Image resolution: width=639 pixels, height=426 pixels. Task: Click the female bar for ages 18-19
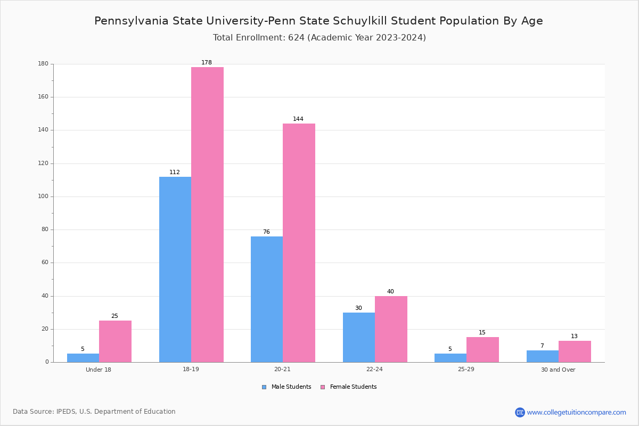click(x=207, y=215)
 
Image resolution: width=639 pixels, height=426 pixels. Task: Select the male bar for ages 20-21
click(x=267, y=299)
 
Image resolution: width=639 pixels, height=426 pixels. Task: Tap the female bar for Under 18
click(x=115, y=341)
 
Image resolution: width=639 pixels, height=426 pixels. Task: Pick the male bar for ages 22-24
click(x=359, y=337)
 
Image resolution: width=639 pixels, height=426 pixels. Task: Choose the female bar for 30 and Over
click(x=575, y=351)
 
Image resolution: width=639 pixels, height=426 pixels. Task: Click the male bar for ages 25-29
click(x=450, y=358)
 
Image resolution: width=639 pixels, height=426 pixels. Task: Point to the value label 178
click(x=207, y=62)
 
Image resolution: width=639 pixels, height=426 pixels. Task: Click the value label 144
click(x=298, y=119)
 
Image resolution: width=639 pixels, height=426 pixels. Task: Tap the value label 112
click(x=175, y=172)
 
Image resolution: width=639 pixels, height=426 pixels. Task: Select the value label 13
click(x=574, y=336)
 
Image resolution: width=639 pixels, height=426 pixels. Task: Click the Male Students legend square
click(x=264, y=387)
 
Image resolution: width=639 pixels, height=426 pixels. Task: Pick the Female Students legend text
click(x=353, y=387)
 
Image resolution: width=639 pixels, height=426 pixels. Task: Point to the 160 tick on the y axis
click(x=43, y=97)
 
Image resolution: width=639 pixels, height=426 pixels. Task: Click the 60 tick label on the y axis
click(x=45, y=262)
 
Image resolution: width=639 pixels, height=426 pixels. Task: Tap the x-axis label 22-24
click(x=374, y=369)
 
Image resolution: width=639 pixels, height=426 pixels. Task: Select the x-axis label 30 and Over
click(x=558, y=370)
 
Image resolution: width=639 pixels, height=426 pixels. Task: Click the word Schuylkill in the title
click(x=360, y=21)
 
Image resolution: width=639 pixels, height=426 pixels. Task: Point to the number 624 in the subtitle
click(x=296, y=37)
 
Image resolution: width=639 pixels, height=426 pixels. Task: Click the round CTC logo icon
click(x=520, y=412)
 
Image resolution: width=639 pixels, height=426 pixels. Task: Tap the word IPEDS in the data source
click(x=66, y=412)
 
